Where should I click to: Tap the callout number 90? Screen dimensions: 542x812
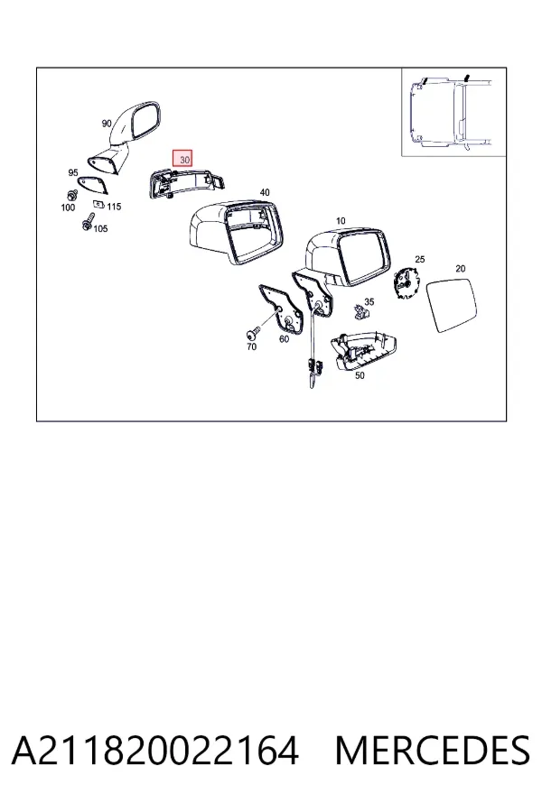pos(107,124)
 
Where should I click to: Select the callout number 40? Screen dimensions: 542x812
pos(265,192)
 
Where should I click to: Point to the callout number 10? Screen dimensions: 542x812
pos(341,221)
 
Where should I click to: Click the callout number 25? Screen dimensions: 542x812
pos(419,259)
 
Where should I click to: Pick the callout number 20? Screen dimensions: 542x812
pos(460,268)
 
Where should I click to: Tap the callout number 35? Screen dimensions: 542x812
pos(369,301)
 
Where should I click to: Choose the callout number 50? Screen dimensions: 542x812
pos(360,375)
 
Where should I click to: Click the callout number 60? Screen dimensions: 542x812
pos(284,339)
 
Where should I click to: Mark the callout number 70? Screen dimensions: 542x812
pos(251,346)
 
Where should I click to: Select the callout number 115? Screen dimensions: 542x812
pos(114,207)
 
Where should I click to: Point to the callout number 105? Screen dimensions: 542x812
pos(100,228)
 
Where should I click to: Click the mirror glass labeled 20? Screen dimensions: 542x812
pos(451,306)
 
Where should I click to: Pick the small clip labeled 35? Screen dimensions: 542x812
pos(361,311)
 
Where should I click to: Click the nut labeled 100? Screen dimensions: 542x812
pos(71,196)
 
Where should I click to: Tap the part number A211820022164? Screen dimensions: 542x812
pos(155,751)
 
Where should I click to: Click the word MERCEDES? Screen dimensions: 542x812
pos(433,751)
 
